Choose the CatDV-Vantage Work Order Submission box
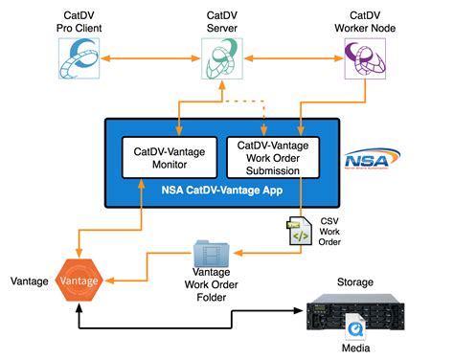click(x=269, y=157)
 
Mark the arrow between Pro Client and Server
click(x=153, y=60)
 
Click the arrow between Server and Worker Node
click(x=295, y=60)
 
